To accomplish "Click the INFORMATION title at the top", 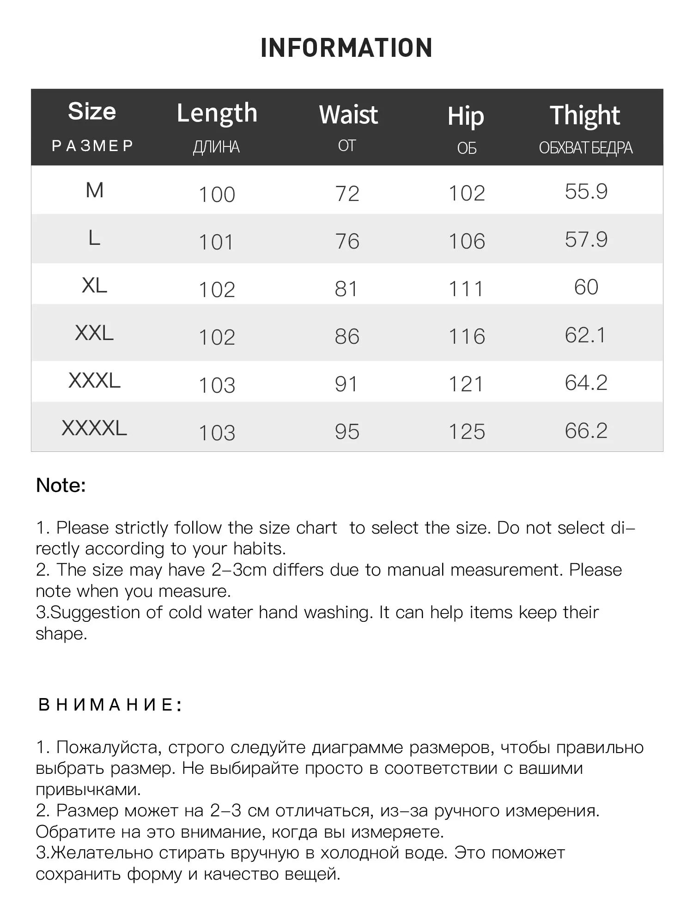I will click(346, 48).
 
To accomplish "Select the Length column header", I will click(217, 114).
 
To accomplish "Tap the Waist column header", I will click(348, 115).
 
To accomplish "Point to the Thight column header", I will click(585, 115).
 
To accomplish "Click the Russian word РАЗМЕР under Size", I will click(92, 146).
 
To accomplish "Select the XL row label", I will click(94, 286).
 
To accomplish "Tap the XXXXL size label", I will click(94, 428).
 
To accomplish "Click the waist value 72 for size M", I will click(347, 194).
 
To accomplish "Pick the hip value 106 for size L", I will click(467, 241).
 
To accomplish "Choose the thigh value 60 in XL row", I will click(586, 287).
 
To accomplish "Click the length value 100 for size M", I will click(217, 195).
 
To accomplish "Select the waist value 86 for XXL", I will click(347, 336).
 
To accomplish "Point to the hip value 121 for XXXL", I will click(466, 384).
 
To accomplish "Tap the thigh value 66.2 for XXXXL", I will click(586, 431).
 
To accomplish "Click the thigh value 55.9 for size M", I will click(586, 191).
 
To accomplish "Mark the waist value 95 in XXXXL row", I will click(347, 432).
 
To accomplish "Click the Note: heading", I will click(61, 486).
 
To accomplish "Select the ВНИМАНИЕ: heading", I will click(110, 705).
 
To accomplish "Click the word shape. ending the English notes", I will click(61, 634).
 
